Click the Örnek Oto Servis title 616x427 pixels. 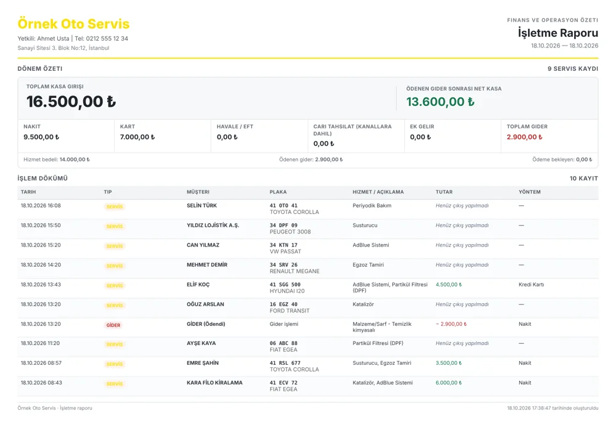[x=73, y=24]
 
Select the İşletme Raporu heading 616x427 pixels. [x=558, y=33]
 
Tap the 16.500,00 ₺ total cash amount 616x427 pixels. [x=71, y=102]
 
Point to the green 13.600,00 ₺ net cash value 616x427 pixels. [x=440, y=102]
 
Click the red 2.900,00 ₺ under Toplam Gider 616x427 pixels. [x=524, y=137]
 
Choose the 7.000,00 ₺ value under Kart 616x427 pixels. [x=137, y=137]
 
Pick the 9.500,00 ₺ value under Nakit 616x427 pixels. [x=41, y=137]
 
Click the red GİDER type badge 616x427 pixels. [x=113, y=325]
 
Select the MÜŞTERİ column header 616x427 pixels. [x=198, y=192]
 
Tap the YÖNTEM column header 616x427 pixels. [x=530, y=192]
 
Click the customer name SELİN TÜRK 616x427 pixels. [x=201, y=205]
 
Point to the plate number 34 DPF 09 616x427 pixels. [x=283, y=226]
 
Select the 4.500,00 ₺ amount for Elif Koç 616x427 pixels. [x=448, y=285]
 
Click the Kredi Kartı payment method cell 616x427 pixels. [x=531, y=285]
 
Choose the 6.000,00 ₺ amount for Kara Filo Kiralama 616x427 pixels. [x=448, y=383]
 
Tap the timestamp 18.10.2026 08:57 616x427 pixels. [x=41, y=364]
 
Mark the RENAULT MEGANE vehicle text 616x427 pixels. [x=294, y=272]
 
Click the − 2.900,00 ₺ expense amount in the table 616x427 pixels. [x=452, y=325]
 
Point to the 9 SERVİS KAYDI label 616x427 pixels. [x=573, y=69]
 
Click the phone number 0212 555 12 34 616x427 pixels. [x=107, y=38]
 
